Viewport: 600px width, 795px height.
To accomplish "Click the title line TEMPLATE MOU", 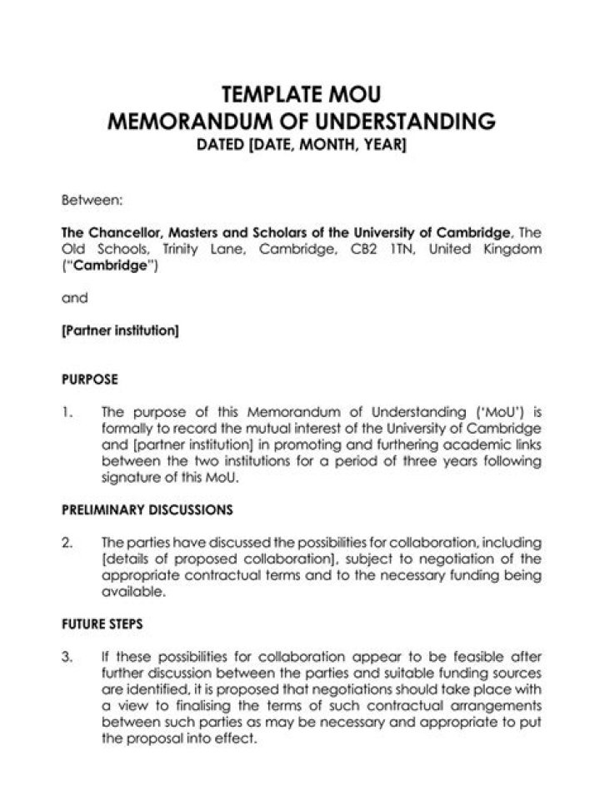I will click(302, 93).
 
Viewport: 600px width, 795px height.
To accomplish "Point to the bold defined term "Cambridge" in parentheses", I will click(108, 268).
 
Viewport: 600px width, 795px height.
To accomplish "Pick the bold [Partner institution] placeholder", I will click(120, 330).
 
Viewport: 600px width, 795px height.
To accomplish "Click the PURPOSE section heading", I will click(90, 380).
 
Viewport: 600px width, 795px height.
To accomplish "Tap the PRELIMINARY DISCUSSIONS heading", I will click(147, 509).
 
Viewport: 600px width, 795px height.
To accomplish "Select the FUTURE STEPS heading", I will click(102, 622).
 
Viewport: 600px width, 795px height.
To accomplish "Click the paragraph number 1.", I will click(67, 412).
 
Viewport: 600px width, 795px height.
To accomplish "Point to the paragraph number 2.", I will click(67, 542).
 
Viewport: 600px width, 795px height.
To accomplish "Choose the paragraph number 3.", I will click(67, 655).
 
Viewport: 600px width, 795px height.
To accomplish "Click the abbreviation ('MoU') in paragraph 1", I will click(493, 412).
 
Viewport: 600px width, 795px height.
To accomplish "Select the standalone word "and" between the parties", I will click(75, 297).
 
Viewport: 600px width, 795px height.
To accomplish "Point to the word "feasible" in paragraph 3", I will click(477, 655).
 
